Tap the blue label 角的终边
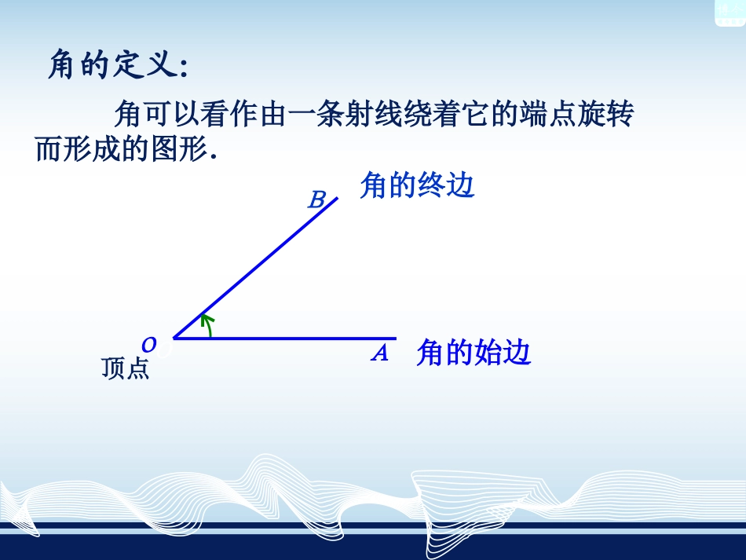[x=417, y=186]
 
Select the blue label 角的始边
[x=474, y=353]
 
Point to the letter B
[x=316, y=199]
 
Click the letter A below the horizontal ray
[x=380, y=354]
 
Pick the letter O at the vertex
[x=148, y=344]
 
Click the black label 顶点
[x=125, y=369]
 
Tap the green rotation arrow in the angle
[x=207, y=324]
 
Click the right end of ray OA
[x=395, y=339]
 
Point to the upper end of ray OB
[x=336, y=198]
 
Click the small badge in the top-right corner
[x=728, y=12]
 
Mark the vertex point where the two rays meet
[x=174, y=339]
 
